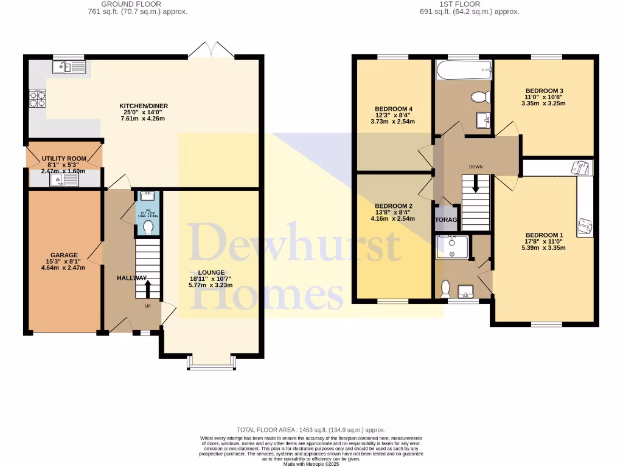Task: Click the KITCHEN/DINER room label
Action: click(x=144, y=106)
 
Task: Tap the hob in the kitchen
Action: click(x=37, y=99)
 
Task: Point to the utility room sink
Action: click(x=64, y=178)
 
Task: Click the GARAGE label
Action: click(x=64, y=255)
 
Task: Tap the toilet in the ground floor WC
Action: click(x=148, y=226)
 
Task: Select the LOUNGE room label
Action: click(x=211, y=272)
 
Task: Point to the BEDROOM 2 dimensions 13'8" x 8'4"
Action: click(x=394, y=212)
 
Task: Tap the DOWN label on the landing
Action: click(x=476, y=166)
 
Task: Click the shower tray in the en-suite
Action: click(x=452, y=247)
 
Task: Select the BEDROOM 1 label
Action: click(x=545, y=235)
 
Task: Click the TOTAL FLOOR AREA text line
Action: click(x=311, y=430)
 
